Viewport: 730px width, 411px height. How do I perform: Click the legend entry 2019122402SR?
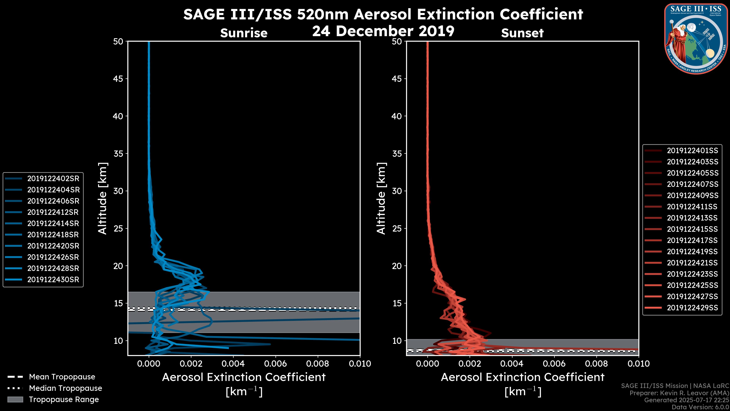(x=53, y=178)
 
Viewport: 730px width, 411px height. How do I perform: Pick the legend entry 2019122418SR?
(x=53, y=235)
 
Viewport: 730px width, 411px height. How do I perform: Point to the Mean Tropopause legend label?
(x=62, y=377)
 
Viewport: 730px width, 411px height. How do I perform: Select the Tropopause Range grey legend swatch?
(x=15, y=399)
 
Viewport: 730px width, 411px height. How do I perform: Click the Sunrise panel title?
(x=244, y=33)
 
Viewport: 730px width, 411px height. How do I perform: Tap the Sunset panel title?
(x=522, y=33)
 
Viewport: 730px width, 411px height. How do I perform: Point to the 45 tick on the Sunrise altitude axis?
(x=118, y=79)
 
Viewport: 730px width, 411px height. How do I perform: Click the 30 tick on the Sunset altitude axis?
(x=397, y=191)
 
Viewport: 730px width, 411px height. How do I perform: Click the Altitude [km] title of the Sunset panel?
(x=381, y=198)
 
